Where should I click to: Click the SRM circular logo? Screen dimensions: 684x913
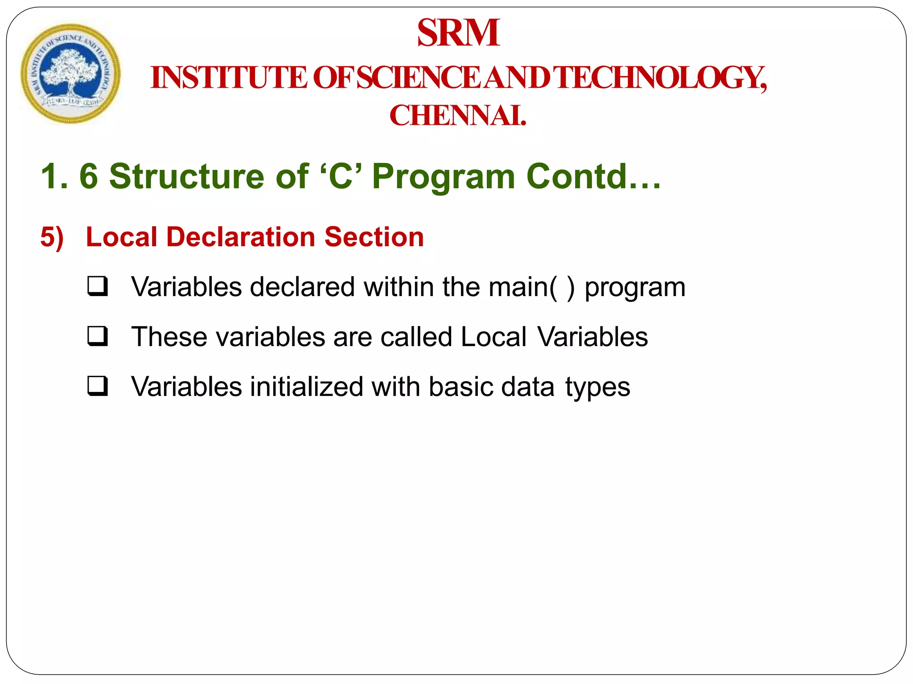pyautogui.click(x=70, y=73)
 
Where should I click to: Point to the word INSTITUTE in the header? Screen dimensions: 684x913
pyautogui.click(x=229, y=78)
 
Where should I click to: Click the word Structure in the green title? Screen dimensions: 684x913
pyautogui.click(x=186, y=176)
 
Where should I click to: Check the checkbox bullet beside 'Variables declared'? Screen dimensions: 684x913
pyautogui.click(x=98, y=286)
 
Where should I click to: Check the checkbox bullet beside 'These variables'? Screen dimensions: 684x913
pyautogui.click(x=98, y=336)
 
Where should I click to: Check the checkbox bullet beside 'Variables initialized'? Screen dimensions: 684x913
pyautogui.click(x=98, y=386)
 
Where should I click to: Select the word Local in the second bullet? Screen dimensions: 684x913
pyautogui.click(x=494, y=337)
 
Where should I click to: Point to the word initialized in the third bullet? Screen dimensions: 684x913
pyautogui.click(x=306, y=387)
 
